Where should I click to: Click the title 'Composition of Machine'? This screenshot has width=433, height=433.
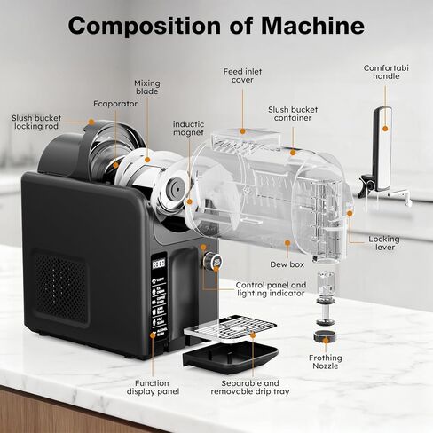click(216, 25)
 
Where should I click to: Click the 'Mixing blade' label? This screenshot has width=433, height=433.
click(147, 89)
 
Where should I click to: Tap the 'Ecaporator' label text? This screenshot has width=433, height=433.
click(115, 103)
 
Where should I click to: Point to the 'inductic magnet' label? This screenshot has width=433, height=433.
click(188, 129)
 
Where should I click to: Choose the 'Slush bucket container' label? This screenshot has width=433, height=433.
click(290, 114)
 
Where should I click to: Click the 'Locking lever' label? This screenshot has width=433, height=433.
click(386, 243)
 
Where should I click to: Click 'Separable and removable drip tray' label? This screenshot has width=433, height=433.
click(247, 388)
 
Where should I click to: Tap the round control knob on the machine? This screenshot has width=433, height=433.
click(212, 262)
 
